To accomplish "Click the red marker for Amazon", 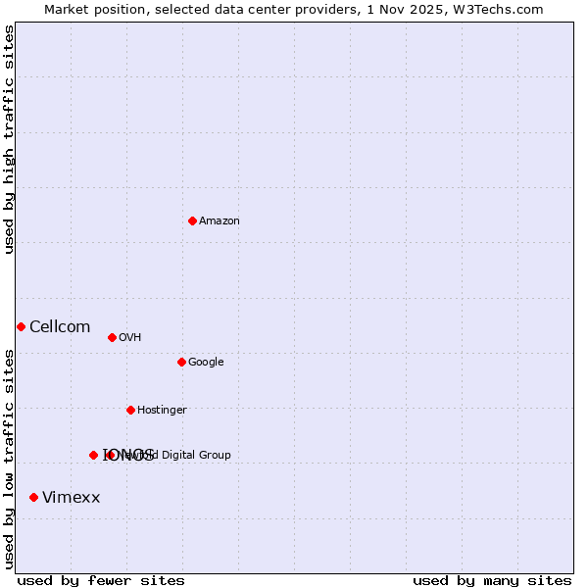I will point(192,220).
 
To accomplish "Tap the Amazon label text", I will point(220,221).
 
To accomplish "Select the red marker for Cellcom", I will point(21,326).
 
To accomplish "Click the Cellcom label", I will point(60,327).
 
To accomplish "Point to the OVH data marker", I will point(112,337).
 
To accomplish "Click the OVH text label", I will point(130,338).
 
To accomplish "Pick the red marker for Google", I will point(181,362).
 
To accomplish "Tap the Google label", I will point(206,363).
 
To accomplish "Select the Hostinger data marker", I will point(130,410).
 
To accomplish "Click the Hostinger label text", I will point(162,411).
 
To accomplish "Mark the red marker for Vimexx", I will point(33,498).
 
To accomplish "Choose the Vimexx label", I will point(72,498).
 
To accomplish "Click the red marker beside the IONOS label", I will point(93,455).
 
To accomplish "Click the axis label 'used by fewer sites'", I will point(101,581).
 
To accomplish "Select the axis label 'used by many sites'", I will point(492,581).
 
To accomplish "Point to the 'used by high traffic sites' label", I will point(9,139).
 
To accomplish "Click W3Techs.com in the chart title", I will point(508,9).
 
